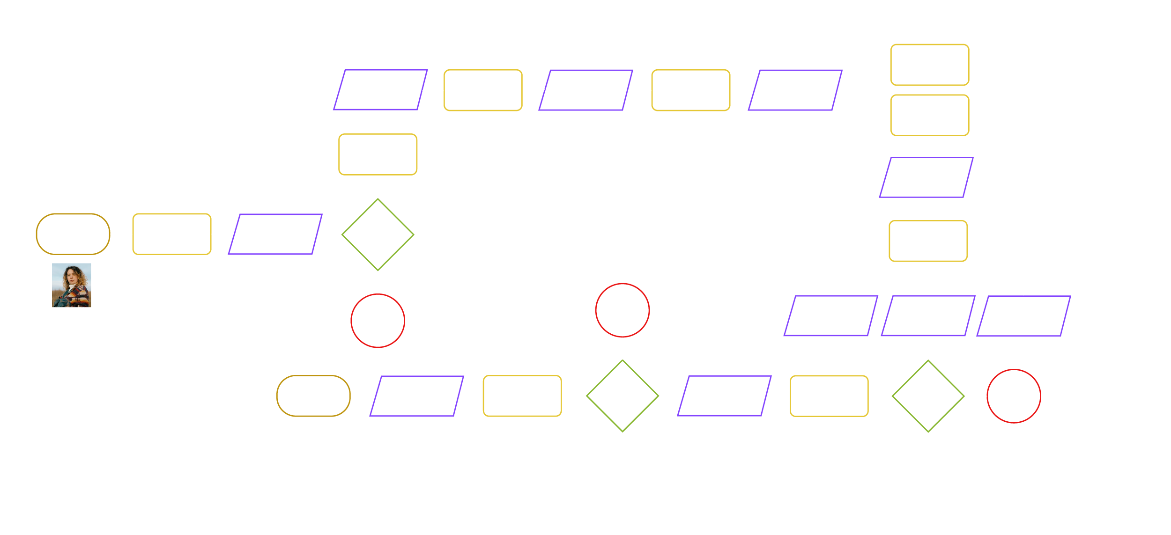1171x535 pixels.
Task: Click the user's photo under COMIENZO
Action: (x=72, y=285)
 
